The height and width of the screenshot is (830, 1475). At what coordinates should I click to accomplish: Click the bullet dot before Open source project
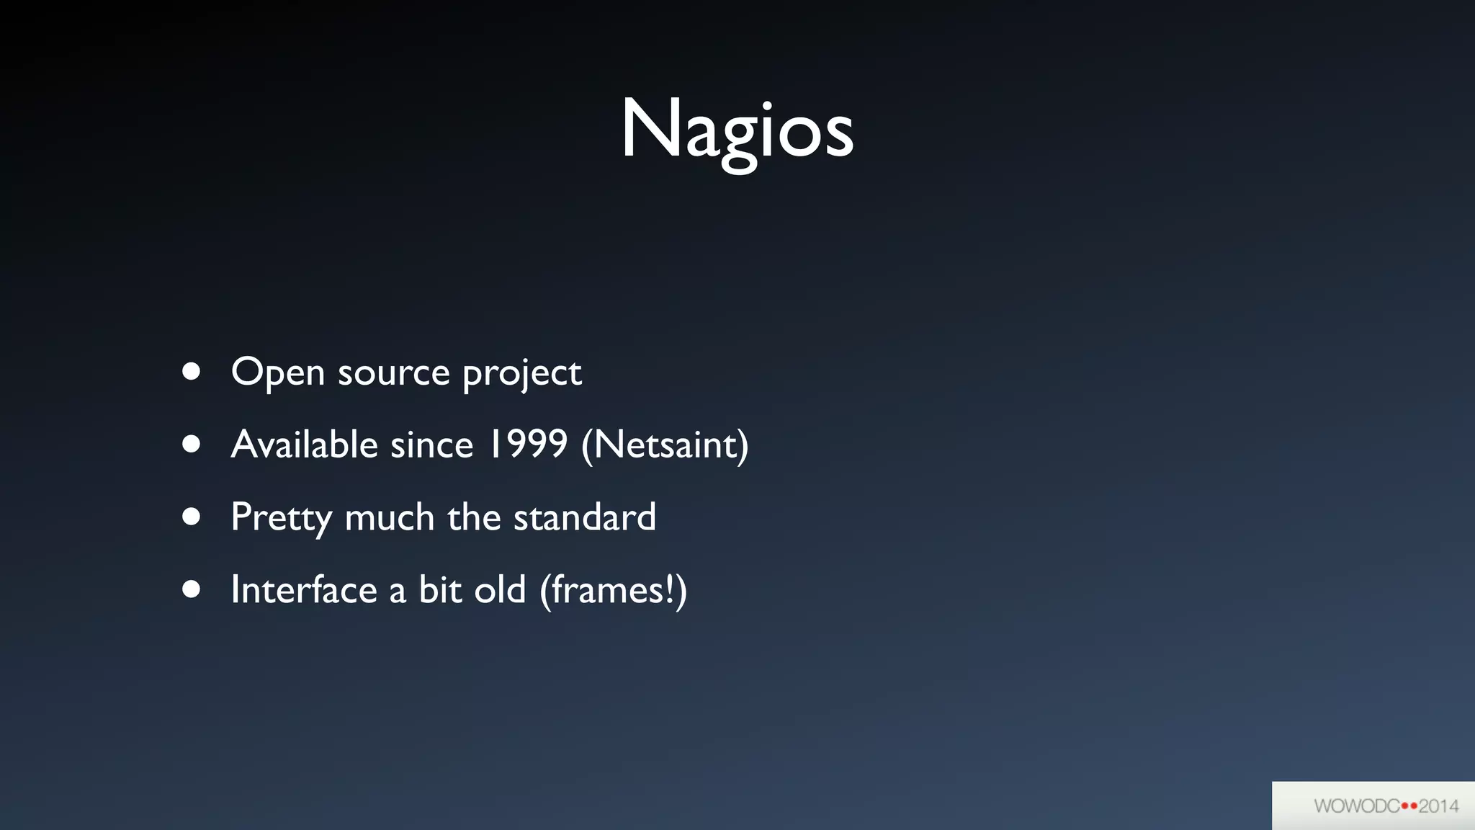pyautogui.click(x=191, y=371)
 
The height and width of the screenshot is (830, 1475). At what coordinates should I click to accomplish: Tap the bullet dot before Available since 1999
pyautogui.click(x=191, y=444)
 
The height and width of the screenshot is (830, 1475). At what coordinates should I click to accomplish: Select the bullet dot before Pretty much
pyautogui.click(x=191, y=517)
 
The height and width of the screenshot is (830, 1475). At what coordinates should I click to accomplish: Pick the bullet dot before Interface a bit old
pyautogui.click(x=191, y=589)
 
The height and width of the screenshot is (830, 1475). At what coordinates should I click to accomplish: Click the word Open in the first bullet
pyautogui.click(x=277, y=372)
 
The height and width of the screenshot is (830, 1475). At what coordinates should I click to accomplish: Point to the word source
pyautogui.click(x=393, y=374)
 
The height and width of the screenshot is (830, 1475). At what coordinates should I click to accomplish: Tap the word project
pyautogui.click(x=521, y=374)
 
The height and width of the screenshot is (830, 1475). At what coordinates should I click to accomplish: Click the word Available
pyautogui.click(x=304, y=444)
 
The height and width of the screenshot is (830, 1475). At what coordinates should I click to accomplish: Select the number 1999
pyautogui.click(x=527, y=444)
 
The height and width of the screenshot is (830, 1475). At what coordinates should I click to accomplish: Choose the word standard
pyautogui.click(x=584, y=517)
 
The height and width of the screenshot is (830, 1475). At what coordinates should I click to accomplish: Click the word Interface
pyautogui.click(x=304, y=590)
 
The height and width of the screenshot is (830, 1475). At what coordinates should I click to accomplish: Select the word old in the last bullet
pyautogui.click(x=500, y=590)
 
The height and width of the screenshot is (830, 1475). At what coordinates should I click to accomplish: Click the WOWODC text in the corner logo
pyautogui.click(x=1356, y=806)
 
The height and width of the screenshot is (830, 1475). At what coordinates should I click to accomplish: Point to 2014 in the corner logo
pyautogui.click(x=1439, y=806)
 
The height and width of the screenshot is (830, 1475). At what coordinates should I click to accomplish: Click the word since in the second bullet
pyautogui.click(x=431, y=445)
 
